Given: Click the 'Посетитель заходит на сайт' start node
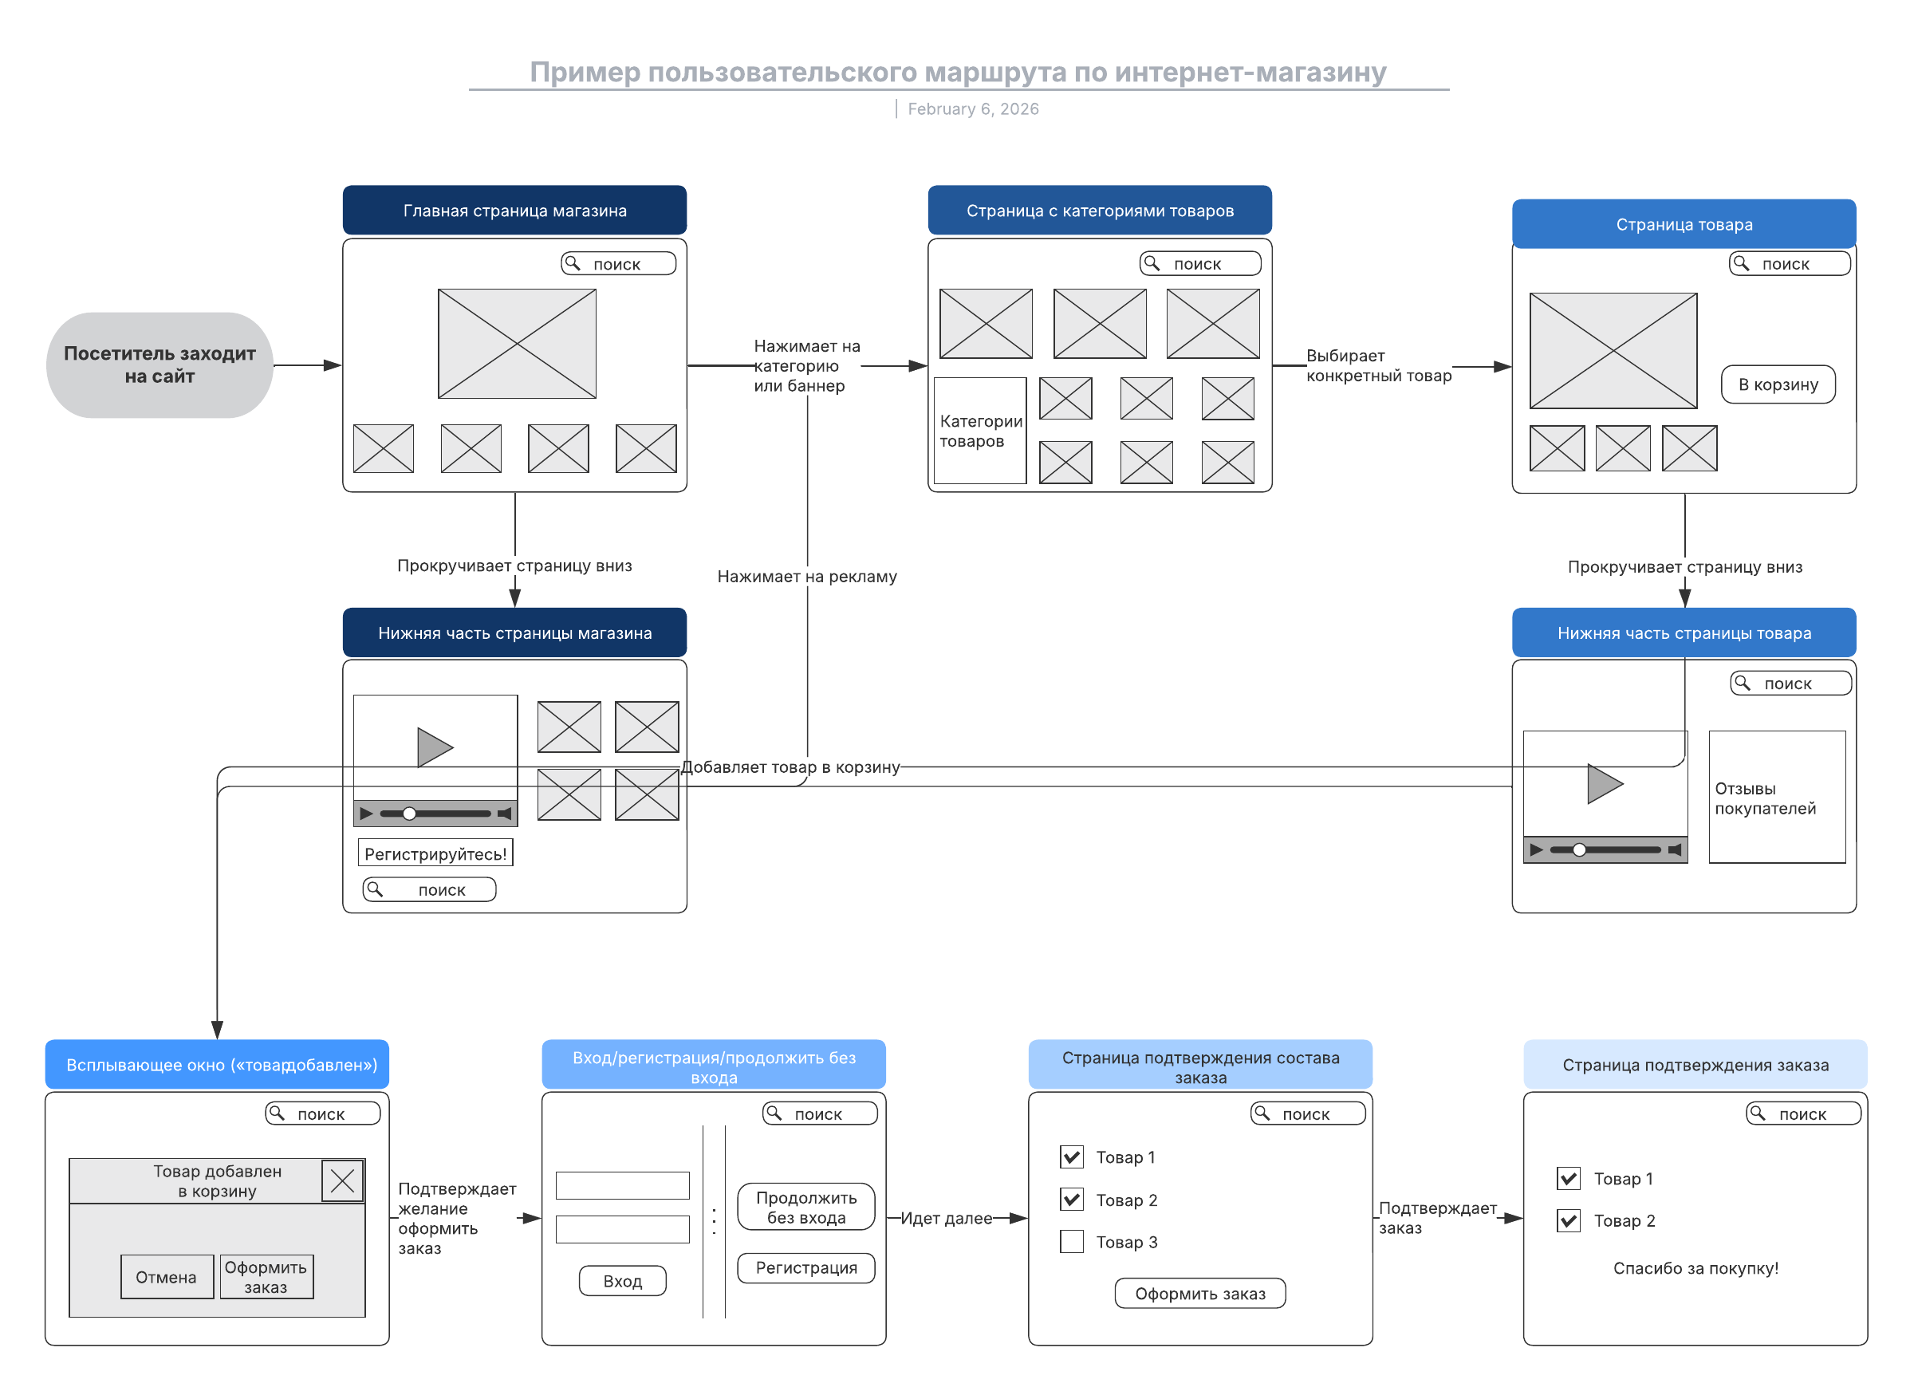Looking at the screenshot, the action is tap(159, 365).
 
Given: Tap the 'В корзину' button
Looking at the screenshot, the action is tap(1778, 385).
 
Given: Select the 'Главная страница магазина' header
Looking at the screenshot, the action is tap(515, 211).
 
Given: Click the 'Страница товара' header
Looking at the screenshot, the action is tap(1684, 224).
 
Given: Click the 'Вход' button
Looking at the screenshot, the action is tap(623, 1281).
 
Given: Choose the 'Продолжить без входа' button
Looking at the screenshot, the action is tap(806, 1207).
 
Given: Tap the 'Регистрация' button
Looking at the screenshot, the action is tap(806, 1267).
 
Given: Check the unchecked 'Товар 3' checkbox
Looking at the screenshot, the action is tap(1072, 1242).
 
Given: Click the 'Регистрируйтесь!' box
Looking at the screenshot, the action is tap(435, 853).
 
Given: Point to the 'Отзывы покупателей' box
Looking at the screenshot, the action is tap(1778, 798).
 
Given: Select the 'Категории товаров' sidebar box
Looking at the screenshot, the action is tap(980, 431).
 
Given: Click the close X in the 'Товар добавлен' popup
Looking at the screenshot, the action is tap(343, 1180).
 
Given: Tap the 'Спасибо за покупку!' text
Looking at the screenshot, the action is tap(1695, 1267).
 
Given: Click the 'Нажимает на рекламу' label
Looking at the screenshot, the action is tap(807, 577).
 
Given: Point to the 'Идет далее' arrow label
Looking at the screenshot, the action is tap(946, 1218).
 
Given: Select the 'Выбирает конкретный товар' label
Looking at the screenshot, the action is tap(1379, 365).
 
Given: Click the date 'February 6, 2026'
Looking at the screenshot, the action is tap(973, 109).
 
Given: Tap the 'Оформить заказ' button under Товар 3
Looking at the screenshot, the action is tap(1200, 1294).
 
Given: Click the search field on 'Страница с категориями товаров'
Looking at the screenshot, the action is tap(1200, 263).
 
